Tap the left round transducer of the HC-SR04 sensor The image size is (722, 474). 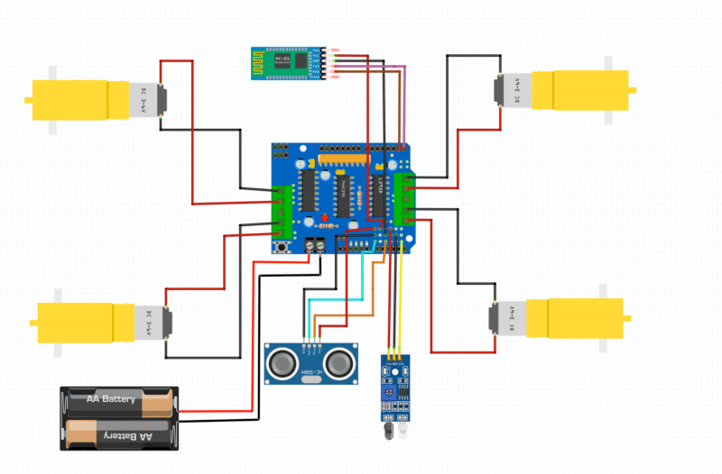click(x=282, y=363)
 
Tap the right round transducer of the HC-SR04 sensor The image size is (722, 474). click(x=339, y=363)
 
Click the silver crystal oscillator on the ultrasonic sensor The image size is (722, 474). click(x=310, y=378)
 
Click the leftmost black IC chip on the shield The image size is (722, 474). click(x=307, y=191)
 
